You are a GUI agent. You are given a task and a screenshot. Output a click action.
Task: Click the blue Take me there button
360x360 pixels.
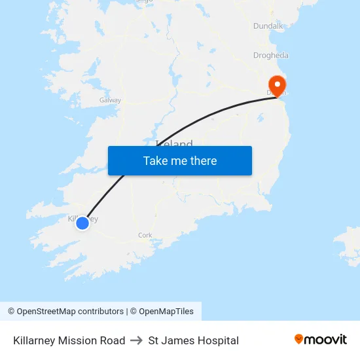coord(179,160)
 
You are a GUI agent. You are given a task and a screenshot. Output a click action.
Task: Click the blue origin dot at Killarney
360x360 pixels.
coord(82,223)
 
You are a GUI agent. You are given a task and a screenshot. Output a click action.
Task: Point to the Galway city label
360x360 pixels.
coord(110,100)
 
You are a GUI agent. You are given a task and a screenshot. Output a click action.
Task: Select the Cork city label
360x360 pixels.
coord(145,235)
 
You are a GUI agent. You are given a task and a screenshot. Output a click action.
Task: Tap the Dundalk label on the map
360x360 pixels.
coord(268,26)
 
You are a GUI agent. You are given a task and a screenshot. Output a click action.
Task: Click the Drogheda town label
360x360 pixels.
coord(270,56)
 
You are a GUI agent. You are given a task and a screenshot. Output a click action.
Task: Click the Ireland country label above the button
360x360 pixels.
coord(175,144)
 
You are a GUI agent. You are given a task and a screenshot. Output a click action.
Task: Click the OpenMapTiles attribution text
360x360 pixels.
coord(166,312)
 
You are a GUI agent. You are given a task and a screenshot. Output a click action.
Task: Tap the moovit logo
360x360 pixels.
coord(321,340)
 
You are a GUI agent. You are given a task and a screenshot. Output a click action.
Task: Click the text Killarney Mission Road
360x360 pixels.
coord(69,340)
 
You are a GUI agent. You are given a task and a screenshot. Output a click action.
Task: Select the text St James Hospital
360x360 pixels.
coord(194,340)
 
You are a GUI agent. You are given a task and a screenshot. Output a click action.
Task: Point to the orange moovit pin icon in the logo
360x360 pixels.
coord(299,339)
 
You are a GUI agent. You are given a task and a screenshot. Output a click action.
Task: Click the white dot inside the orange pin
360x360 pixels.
coord(278,84)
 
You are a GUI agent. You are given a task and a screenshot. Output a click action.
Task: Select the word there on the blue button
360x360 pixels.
coord(204,160)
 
